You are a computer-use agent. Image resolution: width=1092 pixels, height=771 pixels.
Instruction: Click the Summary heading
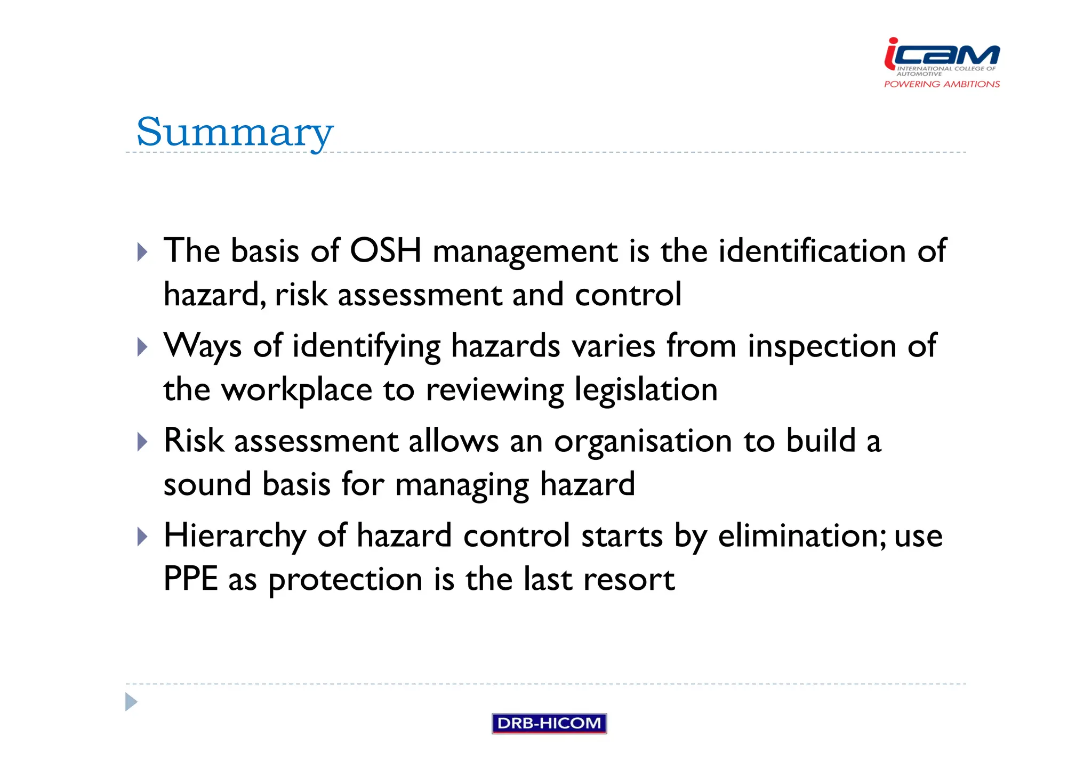(x=235, y=132)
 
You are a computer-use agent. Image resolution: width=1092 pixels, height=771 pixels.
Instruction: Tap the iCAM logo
(x=942, y=54)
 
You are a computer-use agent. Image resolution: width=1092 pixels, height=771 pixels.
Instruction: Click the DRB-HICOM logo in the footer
(x=549, y=723)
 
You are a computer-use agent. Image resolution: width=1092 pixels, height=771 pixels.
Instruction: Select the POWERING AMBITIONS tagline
(x=942, y=84)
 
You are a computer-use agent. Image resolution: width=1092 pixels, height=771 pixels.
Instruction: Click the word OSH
(x=386, y=250)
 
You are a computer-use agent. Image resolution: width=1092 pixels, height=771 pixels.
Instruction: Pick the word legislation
(x=646, y=389)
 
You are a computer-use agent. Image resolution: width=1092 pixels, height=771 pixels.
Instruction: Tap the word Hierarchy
(x=235, y=535)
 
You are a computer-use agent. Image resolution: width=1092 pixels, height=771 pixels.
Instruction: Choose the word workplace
(x=297, y=389)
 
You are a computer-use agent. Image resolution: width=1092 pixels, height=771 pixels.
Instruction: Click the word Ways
(x=203, y=346)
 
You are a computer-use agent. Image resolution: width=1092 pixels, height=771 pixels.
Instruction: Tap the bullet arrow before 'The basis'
(x=142, y=251)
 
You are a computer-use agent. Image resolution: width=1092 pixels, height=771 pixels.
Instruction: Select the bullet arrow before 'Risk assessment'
(x=142, y=442)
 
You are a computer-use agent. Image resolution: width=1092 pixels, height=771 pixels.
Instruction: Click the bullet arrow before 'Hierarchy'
(x=142, y=537)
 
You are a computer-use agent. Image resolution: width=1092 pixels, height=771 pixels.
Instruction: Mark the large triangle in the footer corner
(x=131, y=702)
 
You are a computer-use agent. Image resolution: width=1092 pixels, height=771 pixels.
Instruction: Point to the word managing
(x=462, y=485)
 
